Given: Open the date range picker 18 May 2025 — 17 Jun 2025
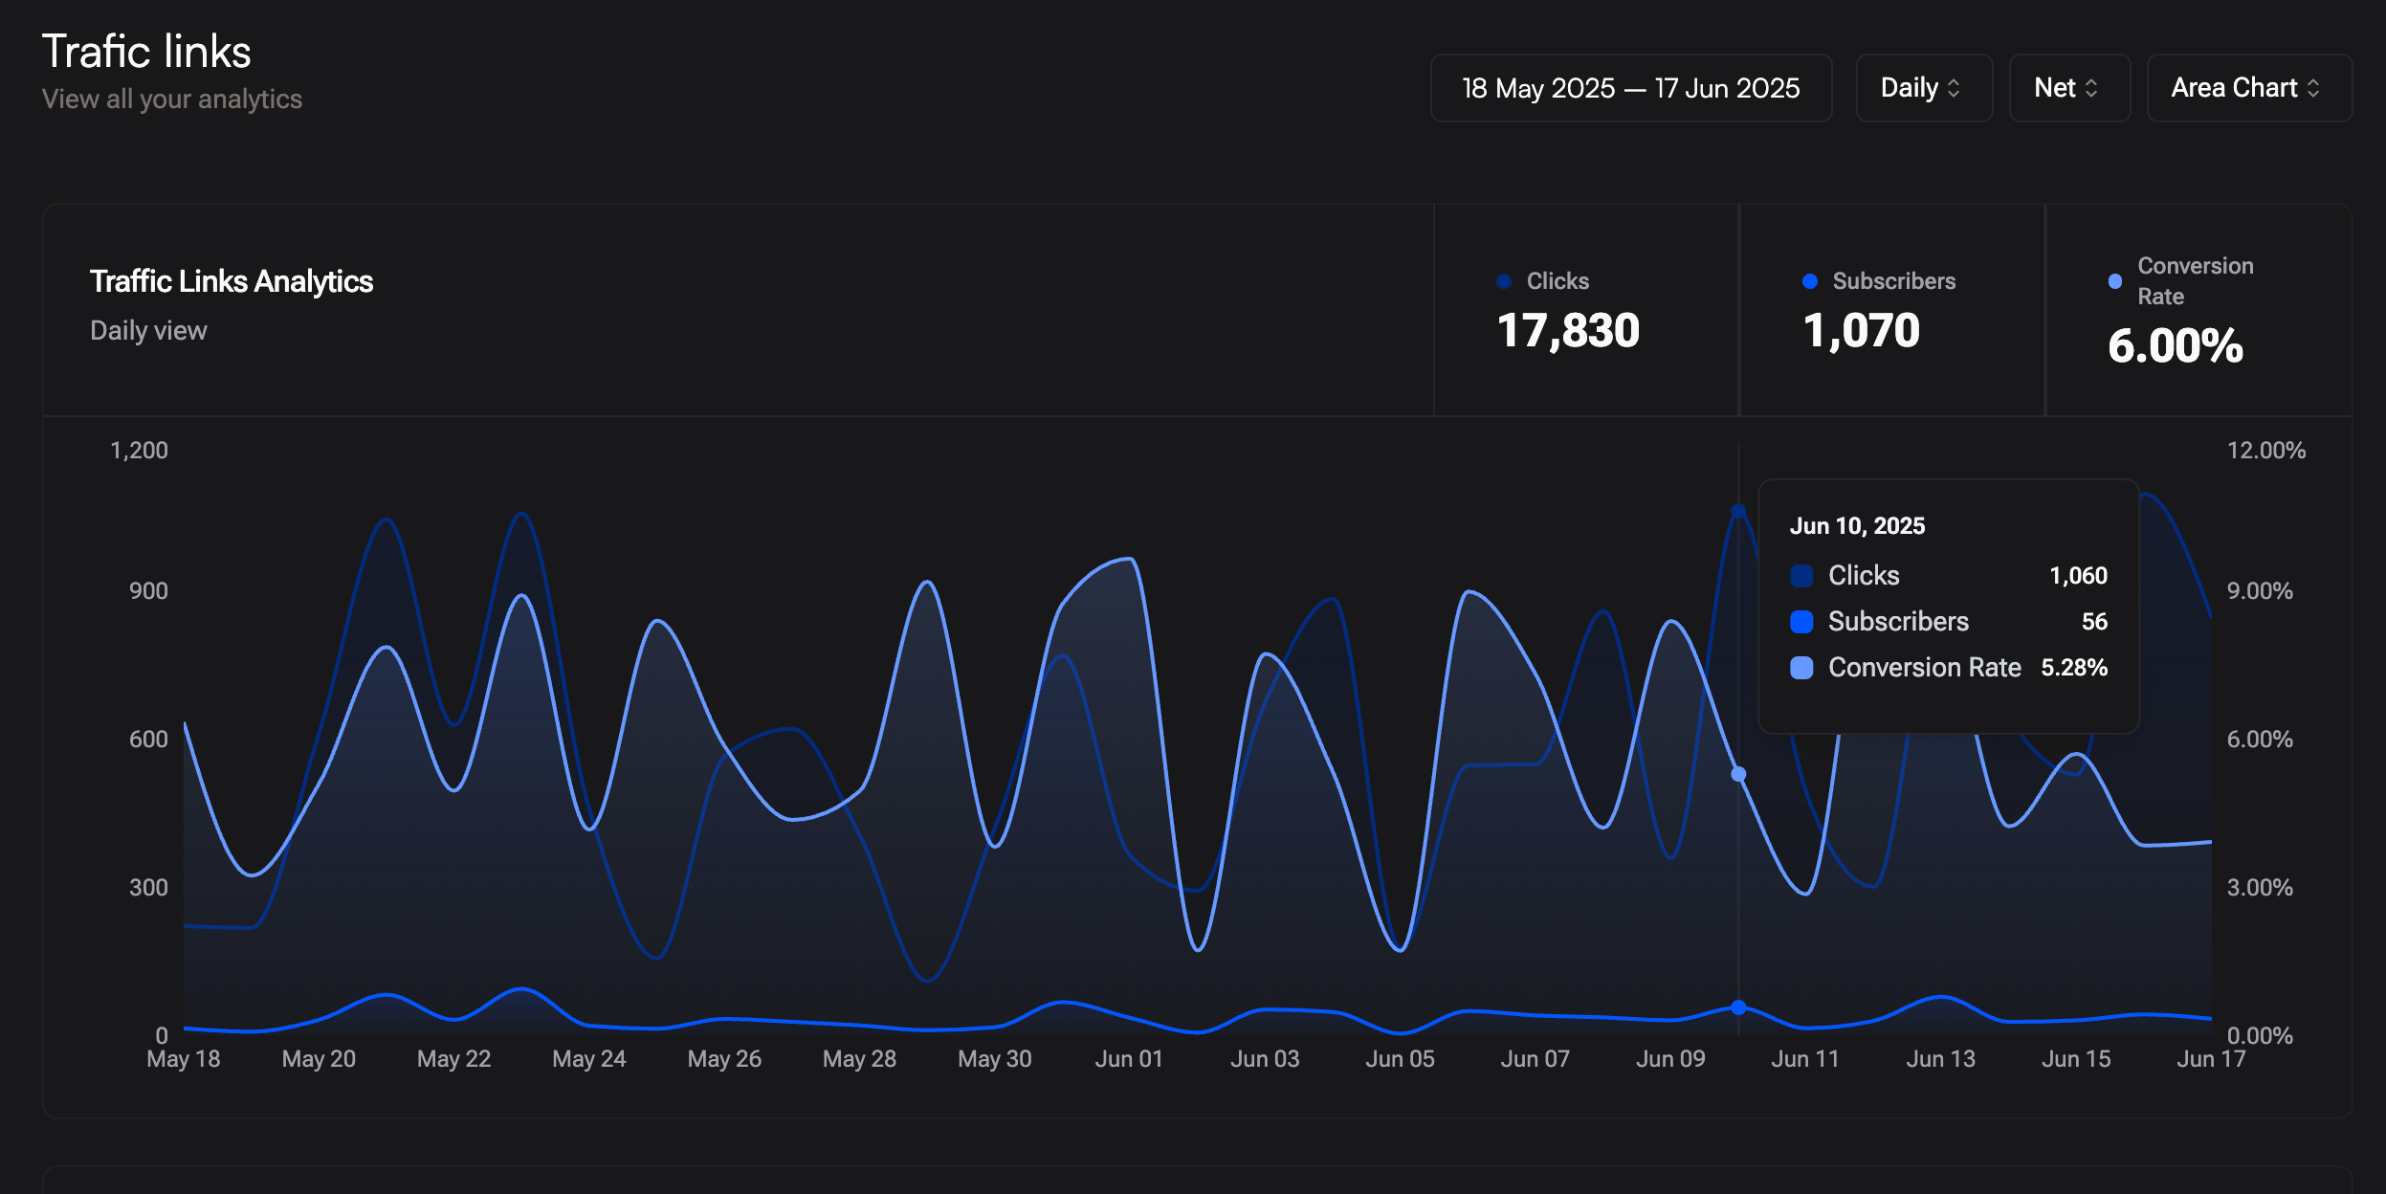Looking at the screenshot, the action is coord(1631,88).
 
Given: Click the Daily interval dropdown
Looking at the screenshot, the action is coord(1924,88).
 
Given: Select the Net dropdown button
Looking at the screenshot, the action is coord(2069,88).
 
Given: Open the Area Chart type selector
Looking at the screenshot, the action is coord(2249,88).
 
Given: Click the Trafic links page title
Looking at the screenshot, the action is coord(146,52).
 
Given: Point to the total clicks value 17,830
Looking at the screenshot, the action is coord(1568,331).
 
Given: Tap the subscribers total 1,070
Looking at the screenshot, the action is coord(1861,331).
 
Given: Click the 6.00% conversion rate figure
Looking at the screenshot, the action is coord(2176,345).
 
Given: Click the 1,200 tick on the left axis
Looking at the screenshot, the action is coord(139,451).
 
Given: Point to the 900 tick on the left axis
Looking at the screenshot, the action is coord(148,591).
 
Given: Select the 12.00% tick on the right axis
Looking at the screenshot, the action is coord(2266,451).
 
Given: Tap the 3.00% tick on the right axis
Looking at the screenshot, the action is coord(2260,888).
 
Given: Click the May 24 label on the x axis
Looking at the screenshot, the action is coord(589,1059).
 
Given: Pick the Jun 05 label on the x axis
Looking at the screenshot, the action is coord(1400,1059).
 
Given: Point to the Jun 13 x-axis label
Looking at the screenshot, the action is coord(1940,1059).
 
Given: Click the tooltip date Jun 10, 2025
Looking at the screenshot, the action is coord(1857,526).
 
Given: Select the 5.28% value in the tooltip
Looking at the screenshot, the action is coord(2074,668).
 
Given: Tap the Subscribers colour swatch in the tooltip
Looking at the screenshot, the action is coord(1801,622).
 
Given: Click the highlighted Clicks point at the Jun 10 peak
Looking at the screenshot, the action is coord(1738,512).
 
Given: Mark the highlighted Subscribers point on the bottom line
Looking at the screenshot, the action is coord(1738,1007).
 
